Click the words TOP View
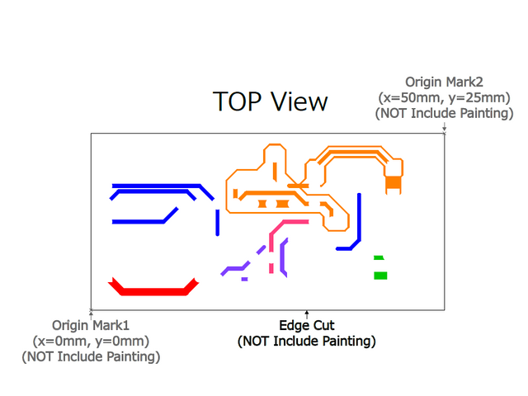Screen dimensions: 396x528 [x=270, y=101]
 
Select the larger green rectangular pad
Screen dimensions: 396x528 [x=380, y=275]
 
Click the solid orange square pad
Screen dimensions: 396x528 [x=394, y=181]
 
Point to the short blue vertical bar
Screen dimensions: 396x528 [x=217, y=222]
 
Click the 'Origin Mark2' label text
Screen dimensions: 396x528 [x=444, y=82]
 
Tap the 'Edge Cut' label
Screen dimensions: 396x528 [x=307, y=325]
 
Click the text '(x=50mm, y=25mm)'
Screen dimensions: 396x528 [x=444, y=97]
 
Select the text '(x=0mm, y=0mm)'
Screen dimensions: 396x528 [x=91, y=341]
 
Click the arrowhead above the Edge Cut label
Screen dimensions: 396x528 [x=307, y=313]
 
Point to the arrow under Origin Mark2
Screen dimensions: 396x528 [x=445, y=128]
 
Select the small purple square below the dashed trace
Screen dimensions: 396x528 [x=244, y=279]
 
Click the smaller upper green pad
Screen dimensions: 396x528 [x=378, y=258]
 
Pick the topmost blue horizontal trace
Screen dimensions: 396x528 [x=157, y=186]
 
